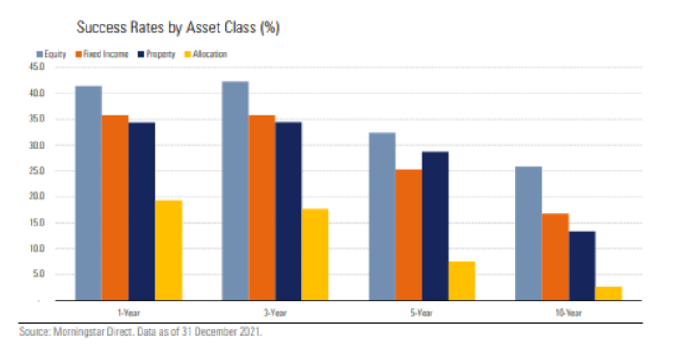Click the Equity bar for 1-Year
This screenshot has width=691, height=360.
[x=88, y=193]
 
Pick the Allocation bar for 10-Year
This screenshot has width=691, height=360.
[x=608, y=294]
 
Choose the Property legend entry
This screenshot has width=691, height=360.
[x=157, y=54]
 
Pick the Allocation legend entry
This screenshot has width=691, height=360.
[x=206, y=54]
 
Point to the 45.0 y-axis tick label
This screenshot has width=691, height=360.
[x=36, y=67]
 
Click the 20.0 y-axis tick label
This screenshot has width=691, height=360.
[x=36, y=197]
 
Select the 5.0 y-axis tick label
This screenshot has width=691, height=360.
[x=38, y=274]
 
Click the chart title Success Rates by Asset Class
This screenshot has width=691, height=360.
[x=177, y=28]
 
